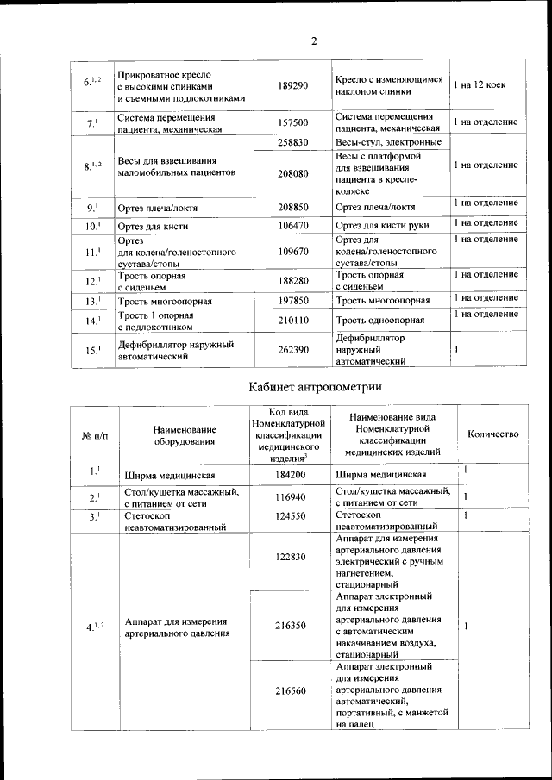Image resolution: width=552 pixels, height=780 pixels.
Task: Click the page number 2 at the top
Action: pyautogui.click(x=315, y=41)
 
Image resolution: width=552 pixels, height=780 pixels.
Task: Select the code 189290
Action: pyautogui.click(x=293, y=87)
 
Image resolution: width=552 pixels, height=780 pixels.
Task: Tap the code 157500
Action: pyautogui.click(x=293, y=123)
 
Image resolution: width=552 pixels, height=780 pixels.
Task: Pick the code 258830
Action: pyautogui.click(x=293, y=142)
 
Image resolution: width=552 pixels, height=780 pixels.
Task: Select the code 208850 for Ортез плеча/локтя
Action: pyautogui.click(x=293, y=208)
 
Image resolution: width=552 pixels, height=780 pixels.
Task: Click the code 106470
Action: pyautogui.click(x=293, y=226)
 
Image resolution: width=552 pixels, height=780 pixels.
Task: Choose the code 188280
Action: pyautogui.click(x=293, y=281)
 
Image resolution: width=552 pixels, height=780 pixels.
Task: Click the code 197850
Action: pyautogui.click(x=293, y=301)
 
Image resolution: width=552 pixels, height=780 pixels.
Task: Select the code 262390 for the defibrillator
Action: pyautogui.click(x=293, y=350)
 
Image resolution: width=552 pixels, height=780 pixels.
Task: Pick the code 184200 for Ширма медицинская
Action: pyautogui.click(x=292, y=475)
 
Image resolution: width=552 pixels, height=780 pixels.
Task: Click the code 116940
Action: pyautogui.click(x=292, y=497)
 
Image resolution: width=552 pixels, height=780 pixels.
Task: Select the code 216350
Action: pyautogui.click(x=292, y=625)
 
